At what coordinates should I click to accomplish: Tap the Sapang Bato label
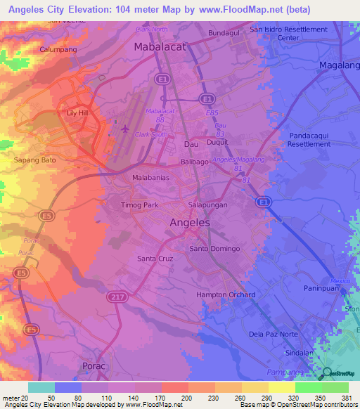click(34, 160)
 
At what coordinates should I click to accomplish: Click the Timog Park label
click(141, 204)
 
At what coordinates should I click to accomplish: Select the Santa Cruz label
click(155, 259)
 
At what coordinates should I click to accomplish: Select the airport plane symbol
click(126, 129)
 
